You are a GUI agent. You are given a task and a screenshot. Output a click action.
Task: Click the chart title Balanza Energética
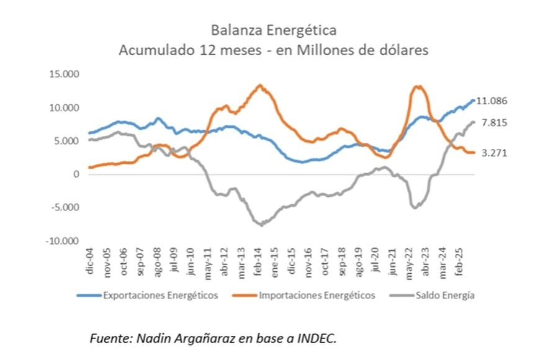click(272, 30)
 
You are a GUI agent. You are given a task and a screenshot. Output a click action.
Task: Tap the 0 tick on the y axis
click(76, 174)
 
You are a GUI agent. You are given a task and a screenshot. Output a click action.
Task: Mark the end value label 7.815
click(494, 123)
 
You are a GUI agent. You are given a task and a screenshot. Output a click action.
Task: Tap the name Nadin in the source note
click(153, 338)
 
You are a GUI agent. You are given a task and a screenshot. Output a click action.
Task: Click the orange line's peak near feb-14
click(260, 85)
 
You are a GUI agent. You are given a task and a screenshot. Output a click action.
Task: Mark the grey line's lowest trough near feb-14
click(262, 225)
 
